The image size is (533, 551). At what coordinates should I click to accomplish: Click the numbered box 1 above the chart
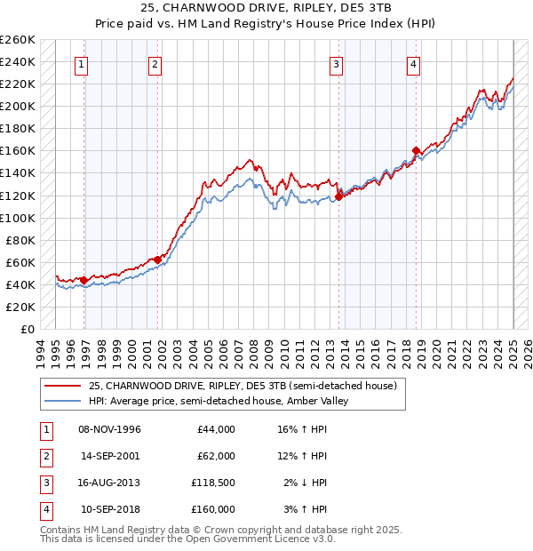[81, 63]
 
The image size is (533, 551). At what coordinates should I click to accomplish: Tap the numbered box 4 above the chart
[414, 63]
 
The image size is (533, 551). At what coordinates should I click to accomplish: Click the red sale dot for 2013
[338, 196]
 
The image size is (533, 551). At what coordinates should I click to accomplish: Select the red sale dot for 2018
[416, 150]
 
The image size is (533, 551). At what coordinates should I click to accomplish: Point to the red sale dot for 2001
[158, 260]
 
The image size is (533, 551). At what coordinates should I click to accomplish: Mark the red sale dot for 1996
[84, 280]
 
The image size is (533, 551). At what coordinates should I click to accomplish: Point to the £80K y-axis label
[20, 240]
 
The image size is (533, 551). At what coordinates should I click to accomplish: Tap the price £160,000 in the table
[213, 509]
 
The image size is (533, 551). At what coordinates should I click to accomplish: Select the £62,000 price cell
[216, 456]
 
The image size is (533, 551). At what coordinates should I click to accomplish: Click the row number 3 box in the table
[45, 484]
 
